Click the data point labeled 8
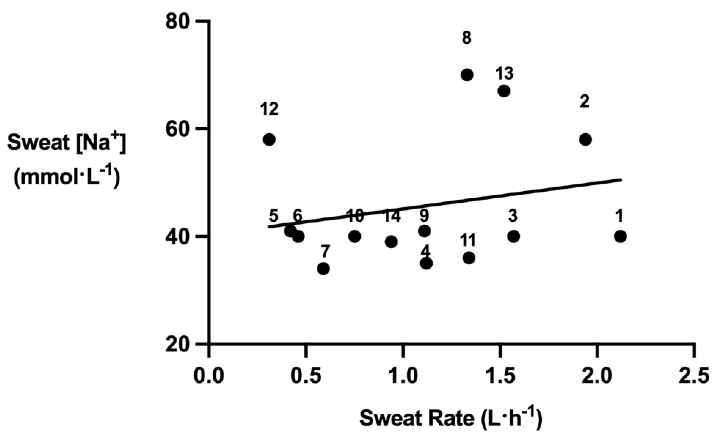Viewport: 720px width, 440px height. [467, 75]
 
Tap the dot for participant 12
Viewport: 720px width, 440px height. [269, 139]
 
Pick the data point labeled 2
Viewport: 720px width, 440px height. [585, 139]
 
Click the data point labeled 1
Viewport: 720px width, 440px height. [620, 236]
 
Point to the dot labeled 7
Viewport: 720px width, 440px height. [323, 269]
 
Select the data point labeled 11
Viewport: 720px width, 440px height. [469, 258]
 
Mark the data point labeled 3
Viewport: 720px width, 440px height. [514, 236]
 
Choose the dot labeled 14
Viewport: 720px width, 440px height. [391, 242]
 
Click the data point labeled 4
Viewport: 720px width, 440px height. [426, 263]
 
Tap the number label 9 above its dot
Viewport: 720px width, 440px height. [424, 216]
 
